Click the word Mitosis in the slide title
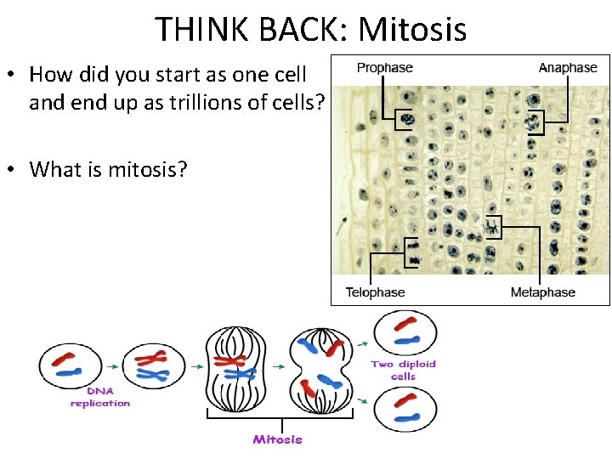pyautogui.click(x=412, y=30)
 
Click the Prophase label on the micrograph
pyautogui.click(x=384, y=68)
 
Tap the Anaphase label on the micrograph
pyautogui.click(x=567, y=68)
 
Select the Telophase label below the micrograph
pyautogui.click(x=375, y=292)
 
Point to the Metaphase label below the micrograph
pyautogui.click(x=542, y=292)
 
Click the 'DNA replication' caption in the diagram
pyautogui.click(x=100, y=398)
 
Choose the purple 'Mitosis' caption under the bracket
pyautogui.click(x=277, y=439)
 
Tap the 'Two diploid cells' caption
pyautogui.click(x=403, y=370)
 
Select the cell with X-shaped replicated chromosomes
pyautogui.click(x=153, y=366)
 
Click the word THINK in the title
pyautogui.click(x=200, y=30)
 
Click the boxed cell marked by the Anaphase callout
pyautogui.click(x=534, y=123)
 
